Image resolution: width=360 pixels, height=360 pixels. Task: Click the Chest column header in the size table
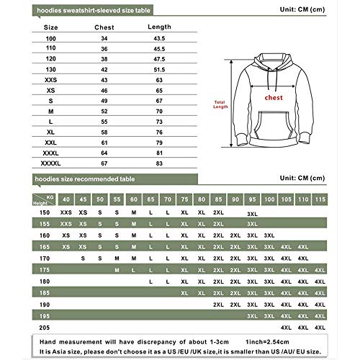click(107, 27)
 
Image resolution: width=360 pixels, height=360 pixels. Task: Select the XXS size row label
click(50, 79)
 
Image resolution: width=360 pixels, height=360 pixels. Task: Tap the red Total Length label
click(220, 106)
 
